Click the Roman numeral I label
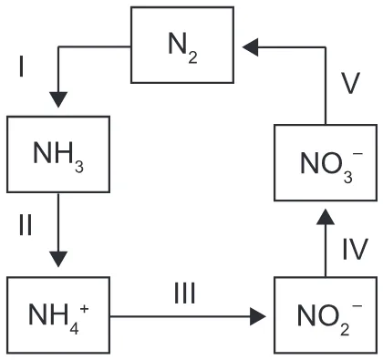click(x=21, y=67)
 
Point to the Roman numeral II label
click(x=26, y=225)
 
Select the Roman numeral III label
click(x=184, y=293)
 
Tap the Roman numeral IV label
click(x=356, y=249)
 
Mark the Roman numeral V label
click(x=350, y=83)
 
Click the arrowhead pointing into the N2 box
click(x=251, y=47)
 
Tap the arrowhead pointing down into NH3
click(x=58, y=99)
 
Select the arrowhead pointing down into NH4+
click(x=58, y=259)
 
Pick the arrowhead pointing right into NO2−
click(x=257, y=316)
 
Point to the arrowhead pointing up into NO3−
click(x=326, y=217)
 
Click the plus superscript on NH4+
click(x=84, y=309)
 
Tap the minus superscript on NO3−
click(x=357, y=154)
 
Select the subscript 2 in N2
click(x=192, y=57)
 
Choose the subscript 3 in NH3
click(x=79, y=167)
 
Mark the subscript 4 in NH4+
click(x=74, y=328)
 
